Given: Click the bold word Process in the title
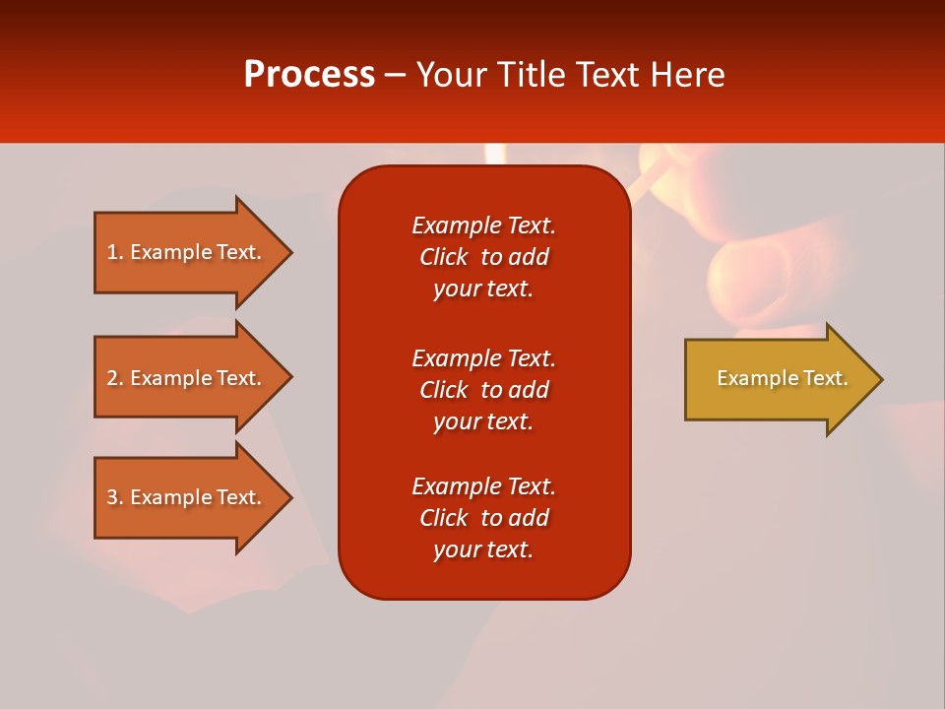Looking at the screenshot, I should [309, 75].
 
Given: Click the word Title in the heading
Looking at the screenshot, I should [534, 75].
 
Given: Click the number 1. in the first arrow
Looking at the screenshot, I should [115, 252].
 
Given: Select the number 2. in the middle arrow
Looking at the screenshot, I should [115, 378].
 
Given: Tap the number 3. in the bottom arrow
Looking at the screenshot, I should [115, 497].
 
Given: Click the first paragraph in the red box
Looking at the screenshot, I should [483, 257].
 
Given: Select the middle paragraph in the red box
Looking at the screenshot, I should [483, 390].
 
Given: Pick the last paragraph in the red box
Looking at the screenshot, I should [483, 518].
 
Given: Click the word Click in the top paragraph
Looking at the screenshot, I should [443, 257].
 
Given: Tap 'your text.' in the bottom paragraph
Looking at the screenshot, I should [483, 549].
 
